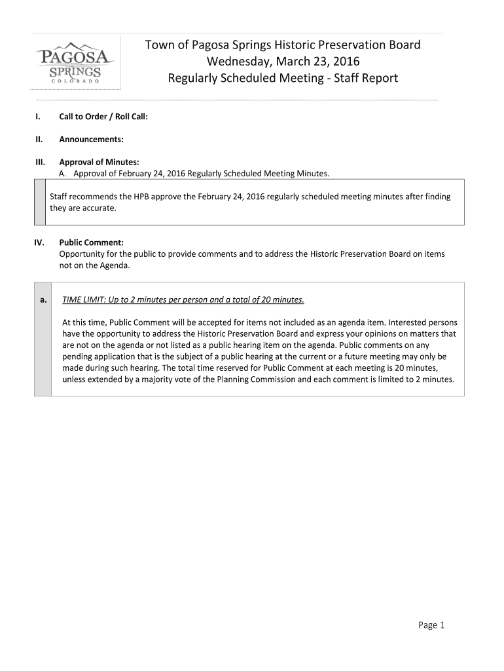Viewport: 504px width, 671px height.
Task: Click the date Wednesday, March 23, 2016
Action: (283, 62)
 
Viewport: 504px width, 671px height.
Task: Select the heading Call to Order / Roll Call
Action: (103, 117)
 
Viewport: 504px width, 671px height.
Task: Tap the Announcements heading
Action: (92, 140)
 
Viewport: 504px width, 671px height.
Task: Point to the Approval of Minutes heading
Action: (99, 162)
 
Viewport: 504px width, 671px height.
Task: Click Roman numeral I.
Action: (39, 117)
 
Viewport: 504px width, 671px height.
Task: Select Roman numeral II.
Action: (39, 140)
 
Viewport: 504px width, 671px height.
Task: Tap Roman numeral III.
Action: (40, 162)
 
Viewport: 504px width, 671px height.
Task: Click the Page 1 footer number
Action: (431, 625)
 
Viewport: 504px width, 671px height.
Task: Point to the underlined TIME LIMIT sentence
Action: (183, 300)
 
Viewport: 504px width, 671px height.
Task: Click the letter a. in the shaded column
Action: (43, 300)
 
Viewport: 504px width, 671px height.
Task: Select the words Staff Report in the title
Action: (367, 79)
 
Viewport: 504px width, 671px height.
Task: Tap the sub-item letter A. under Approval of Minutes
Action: (63, 174)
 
